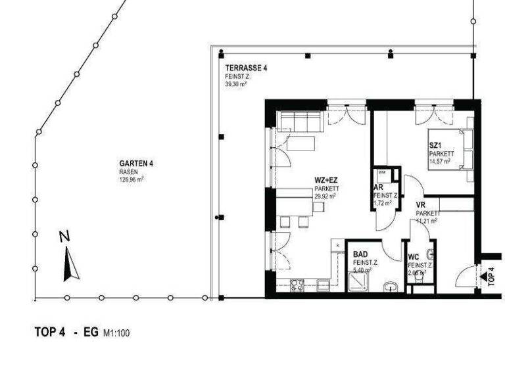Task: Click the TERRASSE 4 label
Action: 246,68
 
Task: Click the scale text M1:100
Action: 116,333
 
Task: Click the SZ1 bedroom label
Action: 435,146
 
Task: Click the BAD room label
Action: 360,254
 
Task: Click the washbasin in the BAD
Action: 392,286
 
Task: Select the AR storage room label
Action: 379,187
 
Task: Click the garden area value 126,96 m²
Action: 132,178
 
